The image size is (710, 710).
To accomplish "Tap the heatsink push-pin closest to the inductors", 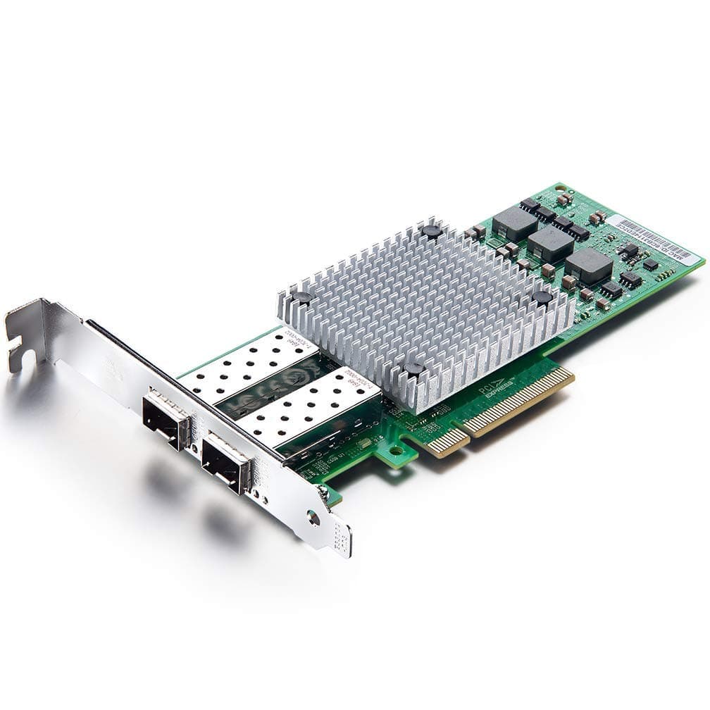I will click(x=542, y=297).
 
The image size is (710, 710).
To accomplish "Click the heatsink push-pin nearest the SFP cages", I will click(x=303, y=297).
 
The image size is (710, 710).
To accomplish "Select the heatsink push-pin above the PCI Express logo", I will click(x=413, y=368).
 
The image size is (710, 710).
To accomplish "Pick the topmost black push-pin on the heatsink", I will click(x=432, y=230).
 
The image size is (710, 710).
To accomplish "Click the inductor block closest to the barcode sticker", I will click(x=589, y=265).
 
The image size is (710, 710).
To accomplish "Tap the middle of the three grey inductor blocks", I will click(x=551, y=243).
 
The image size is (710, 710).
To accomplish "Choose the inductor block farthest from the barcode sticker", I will click(x=515, y=222).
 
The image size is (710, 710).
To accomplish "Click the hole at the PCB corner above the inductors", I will click(x=560, y=189).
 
